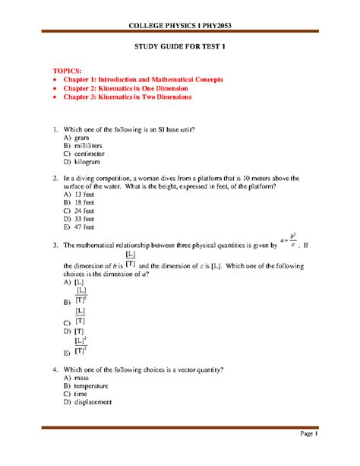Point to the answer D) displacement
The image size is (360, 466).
88,402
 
